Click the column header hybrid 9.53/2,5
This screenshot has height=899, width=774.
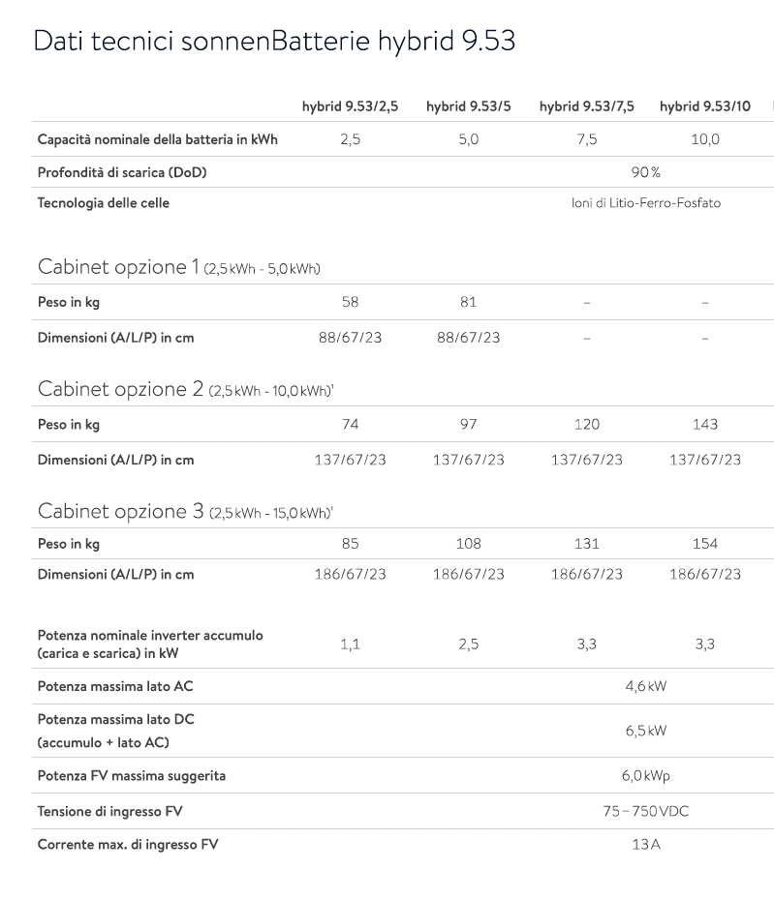pos(350,106)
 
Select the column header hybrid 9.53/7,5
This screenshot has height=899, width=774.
pos(586,106)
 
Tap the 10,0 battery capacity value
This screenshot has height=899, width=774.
pos(704,139)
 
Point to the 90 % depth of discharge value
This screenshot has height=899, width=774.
pos(645,172)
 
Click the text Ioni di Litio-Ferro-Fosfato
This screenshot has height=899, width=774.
pos(645,203)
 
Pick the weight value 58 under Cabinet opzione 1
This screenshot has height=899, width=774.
pos(350,302)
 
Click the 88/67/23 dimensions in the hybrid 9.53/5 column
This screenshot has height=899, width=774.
pos(468,338)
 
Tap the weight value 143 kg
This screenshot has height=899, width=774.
pos(704,424)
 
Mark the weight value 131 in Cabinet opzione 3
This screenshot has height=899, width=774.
pos(586,544)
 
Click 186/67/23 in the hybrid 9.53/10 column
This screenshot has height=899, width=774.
pos(704,574)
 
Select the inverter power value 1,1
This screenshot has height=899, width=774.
pos(350,644)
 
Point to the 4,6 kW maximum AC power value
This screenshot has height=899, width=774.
pos(645,686)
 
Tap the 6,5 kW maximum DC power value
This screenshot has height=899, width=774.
pos(645,731)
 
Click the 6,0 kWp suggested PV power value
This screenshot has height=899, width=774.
pos(645,776)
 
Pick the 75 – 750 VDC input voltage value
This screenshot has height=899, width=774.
pos(645,811)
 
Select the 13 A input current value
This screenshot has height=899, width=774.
pos(645,845)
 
